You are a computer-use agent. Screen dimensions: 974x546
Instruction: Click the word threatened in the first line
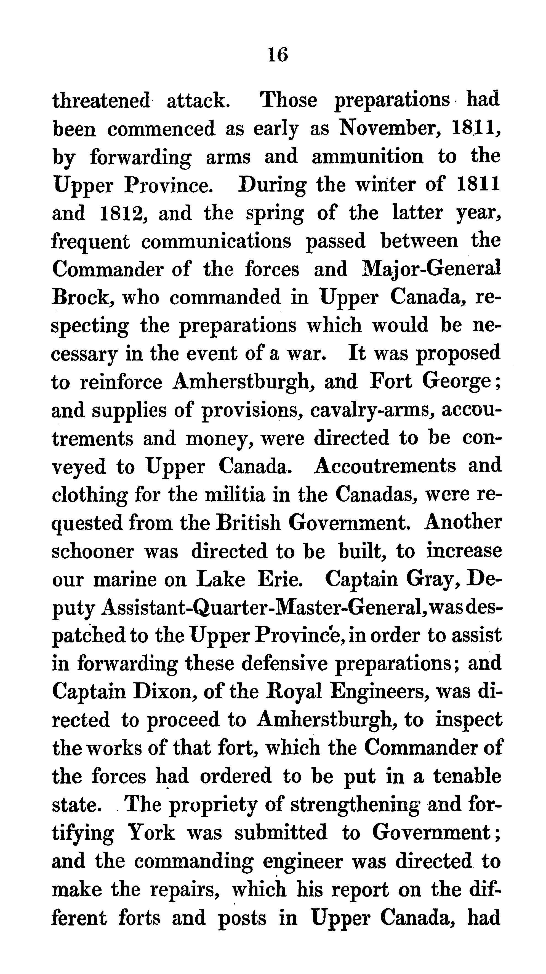pyautogui.click(x=102, y=101)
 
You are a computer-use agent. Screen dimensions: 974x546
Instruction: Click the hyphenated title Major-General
pyautogui.click(x=431, y=270)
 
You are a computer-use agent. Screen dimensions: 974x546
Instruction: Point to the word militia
pyautogui.click(x=235, y=495)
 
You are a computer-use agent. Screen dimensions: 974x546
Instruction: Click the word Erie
pyautogui.click(x=280, y=579)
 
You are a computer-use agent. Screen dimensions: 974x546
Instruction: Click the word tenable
pyautogui.click(x=467, y=776)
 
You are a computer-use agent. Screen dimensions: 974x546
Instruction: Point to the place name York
pyautogui.click(x=151, y=833)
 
